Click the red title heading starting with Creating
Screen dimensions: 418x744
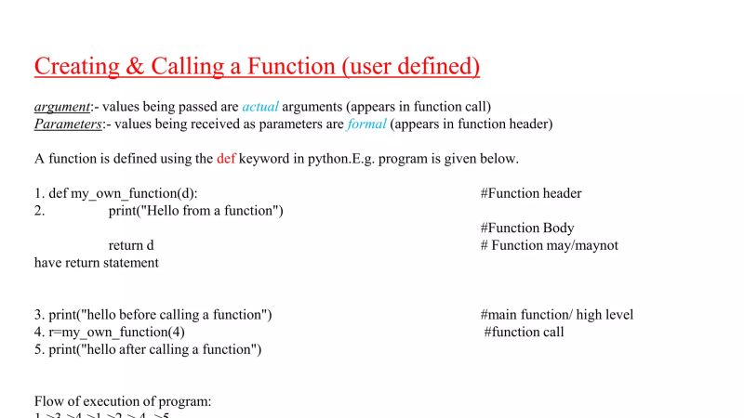tap(257, 67)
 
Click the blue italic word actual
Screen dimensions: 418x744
tap(260, 107)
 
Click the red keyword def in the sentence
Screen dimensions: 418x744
tap(226, 159)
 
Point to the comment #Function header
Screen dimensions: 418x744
tap(531, 193)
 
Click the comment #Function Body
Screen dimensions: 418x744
tap(527, 228)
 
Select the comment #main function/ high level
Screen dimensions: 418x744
tap(557, 315)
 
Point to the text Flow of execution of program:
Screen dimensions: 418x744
tap(123, 401)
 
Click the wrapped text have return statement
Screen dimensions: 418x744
tap(97, 263)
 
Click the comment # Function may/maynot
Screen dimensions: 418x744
tap(549, 245)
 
